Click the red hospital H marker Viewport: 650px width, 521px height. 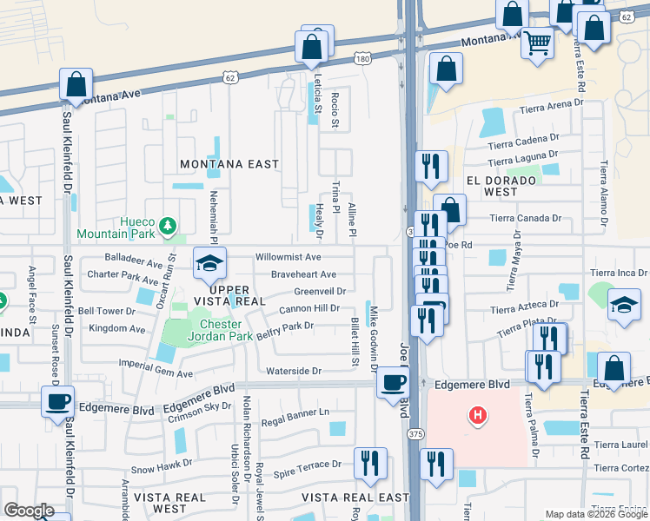pos(476,416)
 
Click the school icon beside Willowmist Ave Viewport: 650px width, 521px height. pos(209,264)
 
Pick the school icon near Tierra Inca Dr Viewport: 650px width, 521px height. pos(624,306)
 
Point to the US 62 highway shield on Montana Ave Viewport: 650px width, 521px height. pos(229,77)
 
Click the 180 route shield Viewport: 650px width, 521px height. pos(362,58)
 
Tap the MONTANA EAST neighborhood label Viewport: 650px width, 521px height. pos(229,164)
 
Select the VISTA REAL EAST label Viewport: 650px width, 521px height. pos(355,498)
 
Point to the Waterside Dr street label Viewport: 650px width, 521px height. pos(294,371)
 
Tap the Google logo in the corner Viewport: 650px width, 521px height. pos(29,511)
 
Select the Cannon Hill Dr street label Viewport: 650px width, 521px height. pos(308,309)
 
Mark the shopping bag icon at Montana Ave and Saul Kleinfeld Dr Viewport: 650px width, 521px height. pos(76,85)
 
